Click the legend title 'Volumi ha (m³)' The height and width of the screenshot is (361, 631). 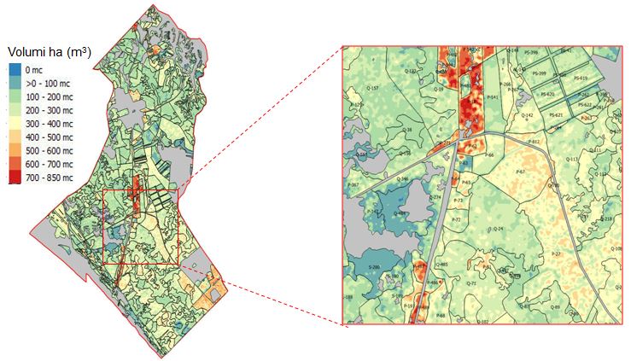click(x=49, y=53)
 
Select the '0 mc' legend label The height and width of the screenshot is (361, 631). click(x=34, y=70)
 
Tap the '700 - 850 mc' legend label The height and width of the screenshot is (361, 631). click(x=49, y=178)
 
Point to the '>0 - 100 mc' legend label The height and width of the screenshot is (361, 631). click(x=49, y=84)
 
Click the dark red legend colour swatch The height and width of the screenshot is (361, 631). click(x=15, y=178)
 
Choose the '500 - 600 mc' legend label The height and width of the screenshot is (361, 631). click(x=49, y=150)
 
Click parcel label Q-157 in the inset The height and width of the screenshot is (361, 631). click(x=372, y=88)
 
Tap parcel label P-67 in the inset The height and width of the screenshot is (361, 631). click(x=520, y=172)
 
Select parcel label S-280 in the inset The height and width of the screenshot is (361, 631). click(x=373, y=268)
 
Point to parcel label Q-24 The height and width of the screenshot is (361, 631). click(x=499, y=229)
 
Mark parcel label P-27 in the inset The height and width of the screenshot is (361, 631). click(x=556, y=254)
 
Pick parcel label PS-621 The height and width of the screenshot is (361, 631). click(x=555, y=114)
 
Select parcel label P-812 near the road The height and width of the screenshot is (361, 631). click(x=535, y=141)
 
